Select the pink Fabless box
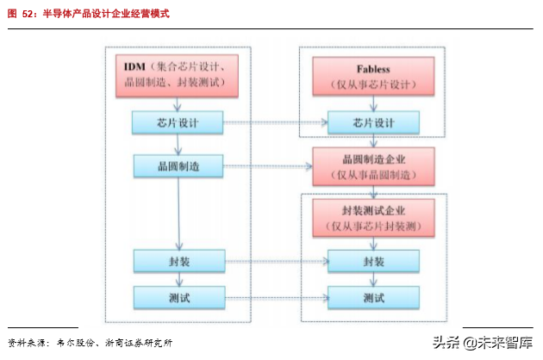pyautogui.click(x=373, y=75)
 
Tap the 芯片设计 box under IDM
pyautogui.click(x=178, y=123)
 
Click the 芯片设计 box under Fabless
pyautogui.click(x=374, y=123)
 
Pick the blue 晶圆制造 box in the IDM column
pyautogui.click(x=178, y=165)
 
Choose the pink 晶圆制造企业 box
pyautogui.click(x=374, y=166)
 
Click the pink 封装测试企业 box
pyautogui.click(x=374, y=218)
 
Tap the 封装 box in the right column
pyautogui.click(x=374, y=261)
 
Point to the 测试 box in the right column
pyautogui.click(x=374, y=297)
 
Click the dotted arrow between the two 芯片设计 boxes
pyautogui.click(x=276, y=123)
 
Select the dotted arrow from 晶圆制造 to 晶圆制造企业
pyautogui.click(x=267, y=165)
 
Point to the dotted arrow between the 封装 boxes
pyautogui.click(x=276, y=261)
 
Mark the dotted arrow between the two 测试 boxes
pyautogui.click(x=276, y=297)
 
